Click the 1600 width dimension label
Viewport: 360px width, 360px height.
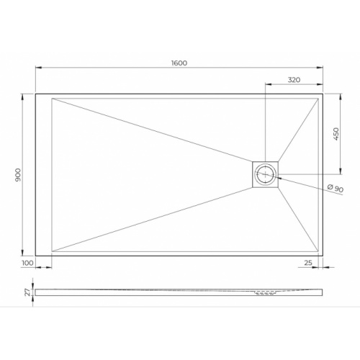tap(179, 63)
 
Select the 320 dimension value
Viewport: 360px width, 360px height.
tap(294, 79)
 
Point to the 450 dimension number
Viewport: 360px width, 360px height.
tap(336, 134)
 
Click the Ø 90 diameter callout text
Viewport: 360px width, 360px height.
tap(334, 189)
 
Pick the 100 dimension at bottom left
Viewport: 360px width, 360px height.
tap(28, 264)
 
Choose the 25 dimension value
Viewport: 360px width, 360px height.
tap(308, 264)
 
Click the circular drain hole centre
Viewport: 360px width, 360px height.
tap(266, 174)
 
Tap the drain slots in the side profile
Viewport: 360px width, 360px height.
tap(264, 293)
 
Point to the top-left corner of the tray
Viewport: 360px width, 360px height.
tap(36, 94)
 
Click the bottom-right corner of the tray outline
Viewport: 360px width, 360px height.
tap(323, 255)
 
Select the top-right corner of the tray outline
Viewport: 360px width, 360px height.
tap(323, 94)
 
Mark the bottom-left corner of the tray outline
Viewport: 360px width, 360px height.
tap(36, 255)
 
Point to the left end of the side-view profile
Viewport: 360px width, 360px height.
tap(37, 292)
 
